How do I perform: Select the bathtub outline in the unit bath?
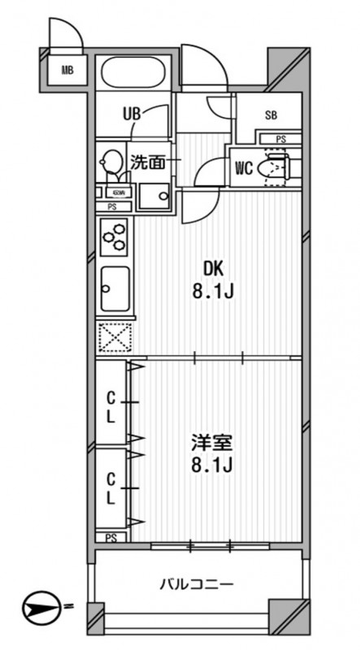(x=135, y=74)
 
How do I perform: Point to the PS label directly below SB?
(x=280, y=139)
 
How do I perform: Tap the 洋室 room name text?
(x=213, y=444)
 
